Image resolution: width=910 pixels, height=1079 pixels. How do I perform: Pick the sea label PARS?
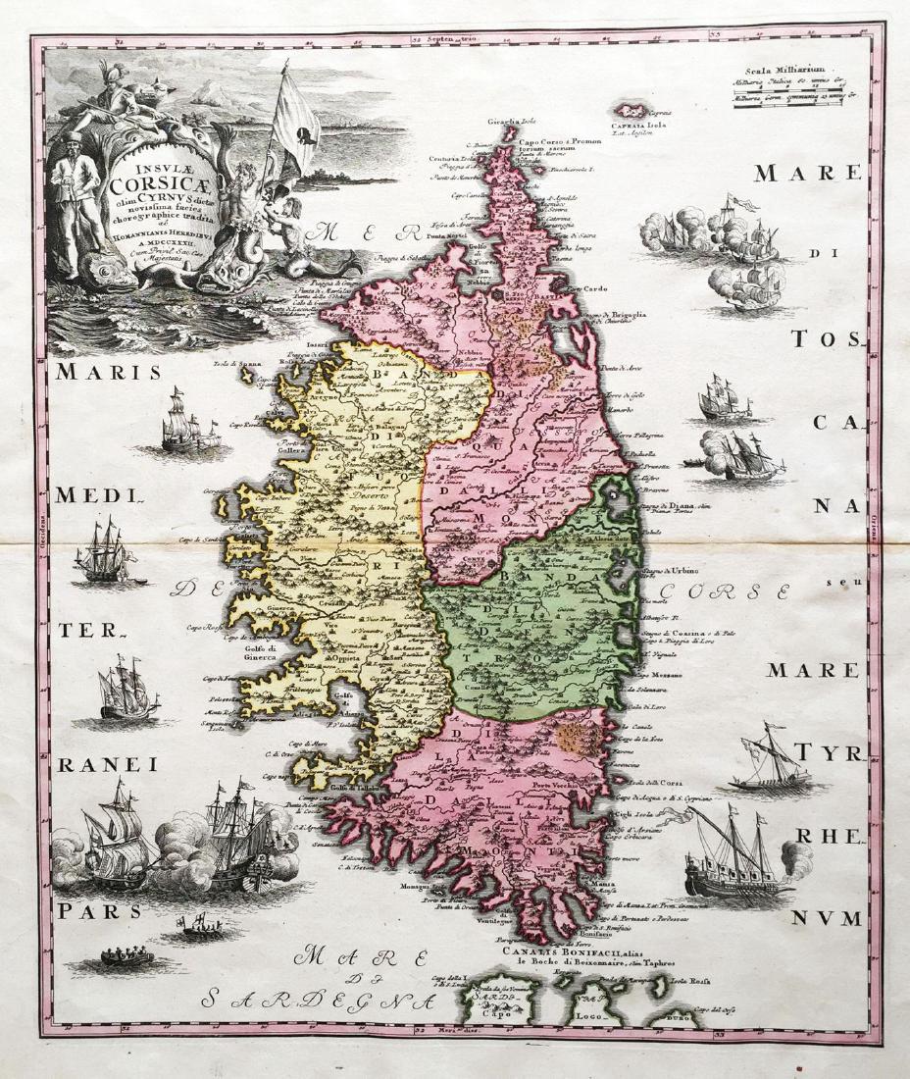click(x=99, y=910)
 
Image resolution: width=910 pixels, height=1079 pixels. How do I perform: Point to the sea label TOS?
click(x=826, y=339)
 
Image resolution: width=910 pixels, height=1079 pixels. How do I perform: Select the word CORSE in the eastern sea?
click(x=725, y=592)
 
